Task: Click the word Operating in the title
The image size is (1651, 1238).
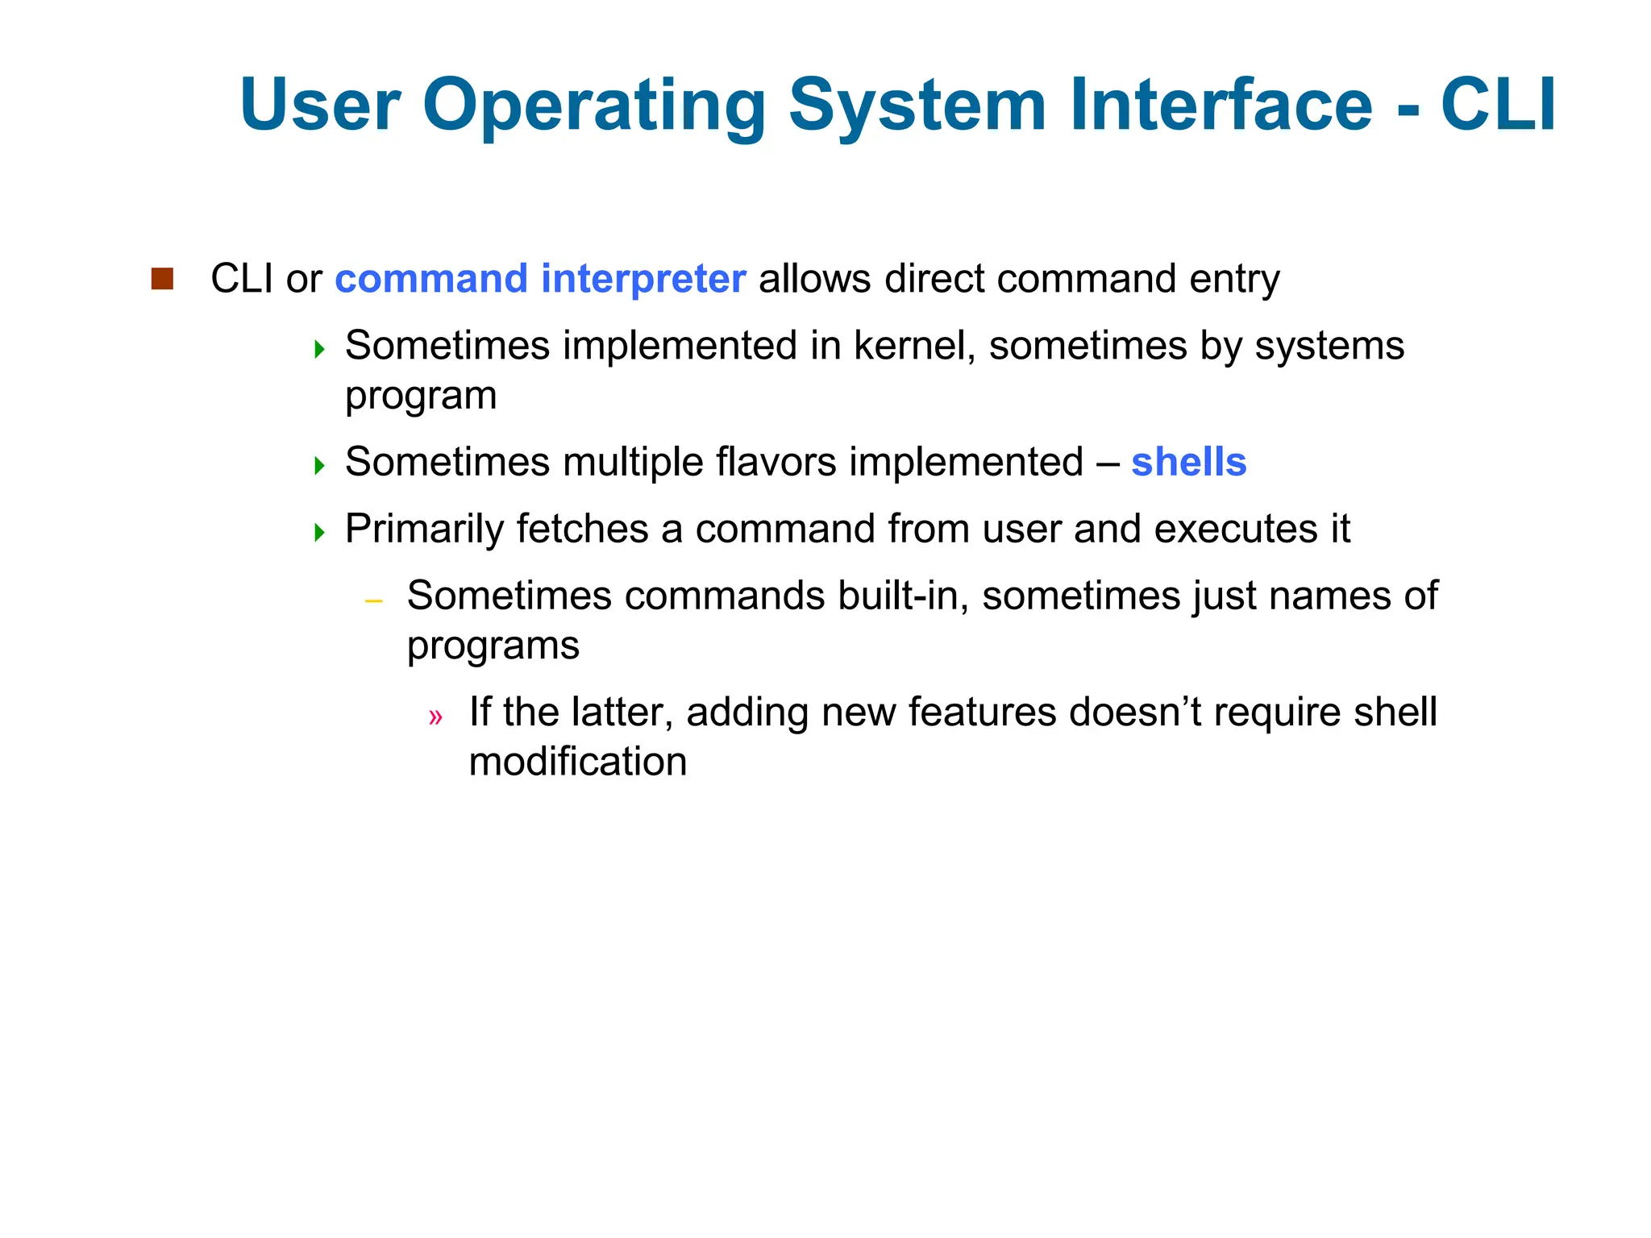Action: click(x=594, y=105)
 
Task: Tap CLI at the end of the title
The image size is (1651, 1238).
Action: click(x=1498, y=105)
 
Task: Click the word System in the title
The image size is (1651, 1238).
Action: click(x=917, y=105)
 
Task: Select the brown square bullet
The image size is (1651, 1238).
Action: click(x=162, y=279)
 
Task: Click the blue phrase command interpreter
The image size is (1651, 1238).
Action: click(x=540, y=279)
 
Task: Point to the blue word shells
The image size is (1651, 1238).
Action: click(x=1188, y=462)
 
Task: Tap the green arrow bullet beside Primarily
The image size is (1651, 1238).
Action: click(x=319, y=532)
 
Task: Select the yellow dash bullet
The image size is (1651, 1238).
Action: click(x=372, y=601)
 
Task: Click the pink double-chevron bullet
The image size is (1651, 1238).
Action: click(x=435, y=717)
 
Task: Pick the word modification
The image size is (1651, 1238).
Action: click(x=577, y=762)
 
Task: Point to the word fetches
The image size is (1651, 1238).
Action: click(x=582, y=529)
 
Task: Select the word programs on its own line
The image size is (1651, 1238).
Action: click(x=493, y=646)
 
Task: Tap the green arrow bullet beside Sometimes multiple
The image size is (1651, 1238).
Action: click(x=319, y=465)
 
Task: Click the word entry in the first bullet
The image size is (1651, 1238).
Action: click(x=1234, y=279)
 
